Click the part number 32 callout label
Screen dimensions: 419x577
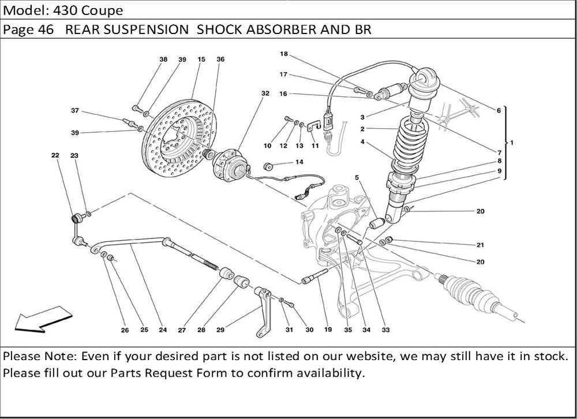(x=265, y=93)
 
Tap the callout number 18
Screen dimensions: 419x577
(x=284, y=54)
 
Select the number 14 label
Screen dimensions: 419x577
(x=299, y=162)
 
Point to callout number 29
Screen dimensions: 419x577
(x=220, y=330)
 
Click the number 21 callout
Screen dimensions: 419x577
(x=480, y=245)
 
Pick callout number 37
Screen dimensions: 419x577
(x=75, y=110)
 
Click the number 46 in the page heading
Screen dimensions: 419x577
(x=47, y=30)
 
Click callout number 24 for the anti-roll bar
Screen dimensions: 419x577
(x=163, y=330)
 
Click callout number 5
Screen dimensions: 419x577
(x=357, y=177)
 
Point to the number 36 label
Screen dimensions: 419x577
(x=220, y=59)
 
